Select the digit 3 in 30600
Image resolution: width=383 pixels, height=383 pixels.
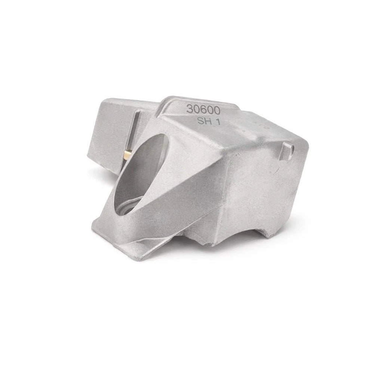[189, 109]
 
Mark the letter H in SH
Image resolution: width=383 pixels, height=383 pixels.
[206, 122]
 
